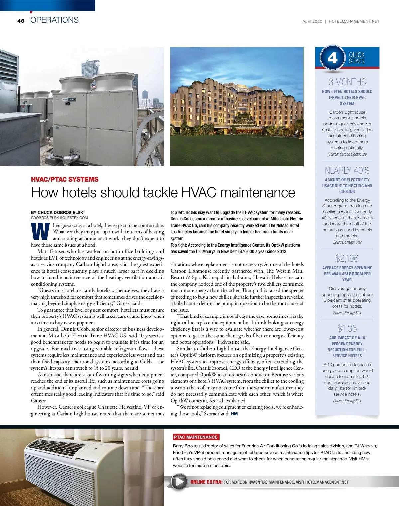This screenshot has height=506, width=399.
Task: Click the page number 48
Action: tap(21, 21)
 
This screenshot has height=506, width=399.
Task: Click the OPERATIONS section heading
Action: tap(54, 20)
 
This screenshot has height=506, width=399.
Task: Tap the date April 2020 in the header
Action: tap(312, 21)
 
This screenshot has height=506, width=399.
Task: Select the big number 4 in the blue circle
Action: tap(332, 58)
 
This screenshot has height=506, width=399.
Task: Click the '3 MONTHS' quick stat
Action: tap(347, 82)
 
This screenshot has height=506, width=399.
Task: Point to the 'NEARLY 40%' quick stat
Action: tap(347, 171)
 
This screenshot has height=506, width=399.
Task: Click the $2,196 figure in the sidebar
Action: tap(347, 258)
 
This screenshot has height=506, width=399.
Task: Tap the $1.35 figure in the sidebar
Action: tap(347, 328)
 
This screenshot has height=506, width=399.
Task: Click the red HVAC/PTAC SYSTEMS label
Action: tap(65, 179)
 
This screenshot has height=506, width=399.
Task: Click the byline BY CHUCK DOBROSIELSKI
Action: tap(58, 212)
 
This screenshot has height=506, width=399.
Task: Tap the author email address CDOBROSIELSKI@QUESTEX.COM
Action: tap(60, 218)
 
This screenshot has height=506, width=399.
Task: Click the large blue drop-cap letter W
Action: tap(40, 232)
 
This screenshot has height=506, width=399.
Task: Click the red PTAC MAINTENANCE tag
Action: tap(196, 437)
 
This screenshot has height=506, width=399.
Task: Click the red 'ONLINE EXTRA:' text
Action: tap(206, 482)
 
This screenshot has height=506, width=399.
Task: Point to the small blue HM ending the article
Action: tap(234, 414)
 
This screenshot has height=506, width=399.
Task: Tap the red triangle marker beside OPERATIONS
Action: tap(31, 12)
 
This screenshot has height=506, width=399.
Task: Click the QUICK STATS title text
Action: tap(357, 58)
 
